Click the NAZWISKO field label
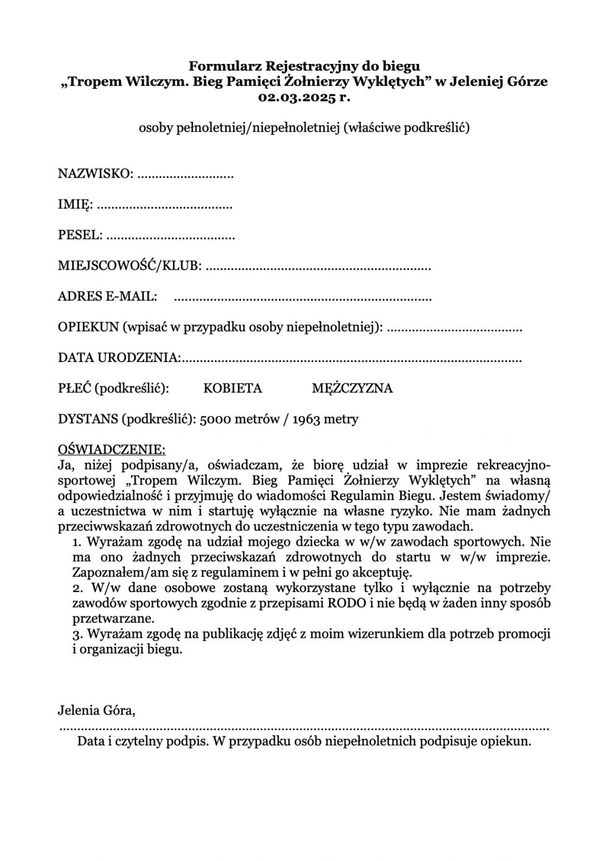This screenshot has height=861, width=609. (95, 174)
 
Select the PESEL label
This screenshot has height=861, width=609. (80, 235)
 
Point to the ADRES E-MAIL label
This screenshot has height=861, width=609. (107, 296)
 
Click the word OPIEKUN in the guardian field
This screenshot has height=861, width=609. (88, 327)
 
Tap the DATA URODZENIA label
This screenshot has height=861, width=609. (118, 357)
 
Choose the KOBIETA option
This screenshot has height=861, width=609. (233, 388)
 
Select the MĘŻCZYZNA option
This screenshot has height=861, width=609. (352, 388)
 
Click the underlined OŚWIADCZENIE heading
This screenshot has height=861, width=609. (111, 450)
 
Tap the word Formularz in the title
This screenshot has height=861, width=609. (219, 65)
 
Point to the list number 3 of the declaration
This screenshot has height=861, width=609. (77, 634)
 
